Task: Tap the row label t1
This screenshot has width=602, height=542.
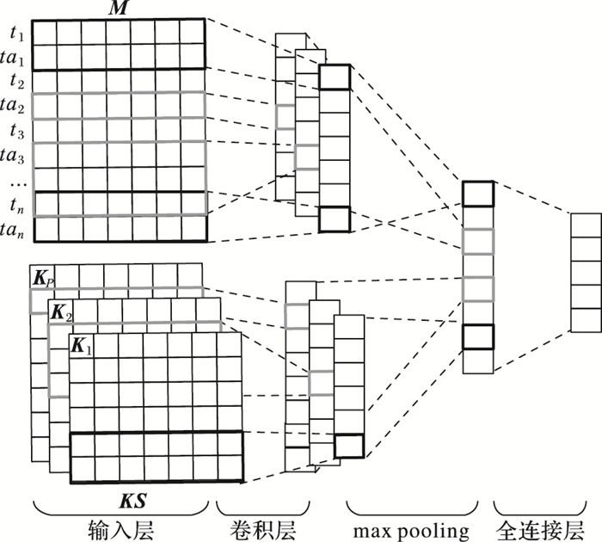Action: [15, 32]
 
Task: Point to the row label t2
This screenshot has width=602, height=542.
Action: [15, 81]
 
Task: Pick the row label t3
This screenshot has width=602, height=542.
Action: [15, 131]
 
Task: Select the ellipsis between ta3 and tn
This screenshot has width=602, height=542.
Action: [14, 182]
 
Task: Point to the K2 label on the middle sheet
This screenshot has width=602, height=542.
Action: [60, 312]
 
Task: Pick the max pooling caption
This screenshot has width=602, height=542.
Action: [412, 527]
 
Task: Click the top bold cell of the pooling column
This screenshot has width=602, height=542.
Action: [477, 194]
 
